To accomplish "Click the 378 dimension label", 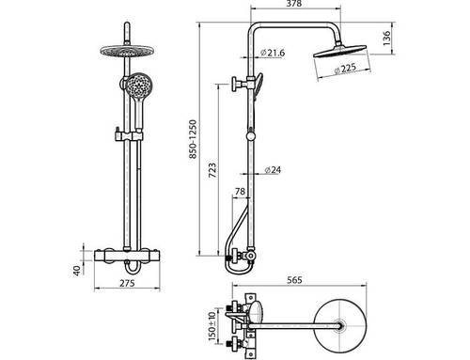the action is (294, 4).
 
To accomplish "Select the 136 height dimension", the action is (387, 39).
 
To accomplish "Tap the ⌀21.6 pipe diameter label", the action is (273, 53).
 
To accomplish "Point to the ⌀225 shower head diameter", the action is (345, 69).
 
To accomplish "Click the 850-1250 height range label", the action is (193, 139).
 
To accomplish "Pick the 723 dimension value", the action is (212, 170).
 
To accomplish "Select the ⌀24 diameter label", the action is (273, 170).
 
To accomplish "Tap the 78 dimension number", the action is (240, 191).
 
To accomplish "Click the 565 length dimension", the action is (295, 280).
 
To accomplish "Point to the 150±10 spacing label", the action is (212, 326).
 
